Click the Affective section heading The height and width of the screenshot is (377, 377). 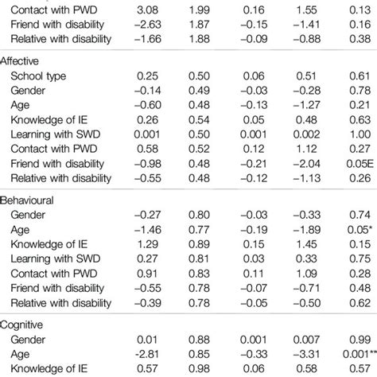tap(19, 61)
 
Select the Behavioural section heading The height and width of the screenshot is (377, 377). tap(27, 200)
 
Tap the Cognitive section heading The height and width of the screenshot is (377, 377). tap(21, 325)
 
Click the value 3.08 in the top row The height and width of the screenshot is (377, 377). tap(148, 10)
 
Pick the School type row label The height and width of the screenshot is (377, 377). tap(38, 76)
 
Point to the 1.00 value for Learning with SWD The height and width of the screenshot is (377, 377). tap(360, 134)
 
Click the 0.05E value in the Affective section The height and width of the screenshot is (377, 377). tap(360, 164)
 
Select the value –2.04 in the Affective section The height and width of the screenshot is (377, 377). tap(307, 164)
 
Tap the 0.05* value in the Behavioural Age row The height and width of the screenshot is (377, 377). tap(360, 230)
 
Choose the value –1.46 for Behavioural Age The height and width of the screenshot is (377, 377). tap(148, 230)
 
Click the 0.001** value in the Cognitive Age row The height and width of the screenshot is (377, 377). tap(360, 354)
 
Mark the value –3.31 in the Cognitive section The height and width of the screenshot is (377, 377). tap(307, 354)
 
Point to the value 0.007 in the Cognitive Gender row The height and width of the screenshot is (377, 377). tap(306, 340)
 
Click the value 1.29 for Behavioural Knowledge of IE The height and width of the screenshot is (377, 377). tap(148, 244)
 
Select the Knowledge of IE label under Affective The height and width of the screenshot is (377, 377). tap(49, 120)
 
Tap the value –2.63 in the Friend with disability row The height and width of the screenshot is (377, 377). tap(148, 25)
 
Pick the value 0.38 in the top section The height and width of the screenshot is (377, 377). tap(360, 39)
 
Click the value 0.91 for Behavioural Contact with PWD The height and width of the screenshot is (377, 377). tap(148, 274)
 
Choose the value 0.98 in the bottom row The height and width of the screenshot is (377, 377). tap(199, 368)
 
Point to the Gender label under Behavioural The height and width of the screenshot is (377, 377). tap(28, 215)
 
